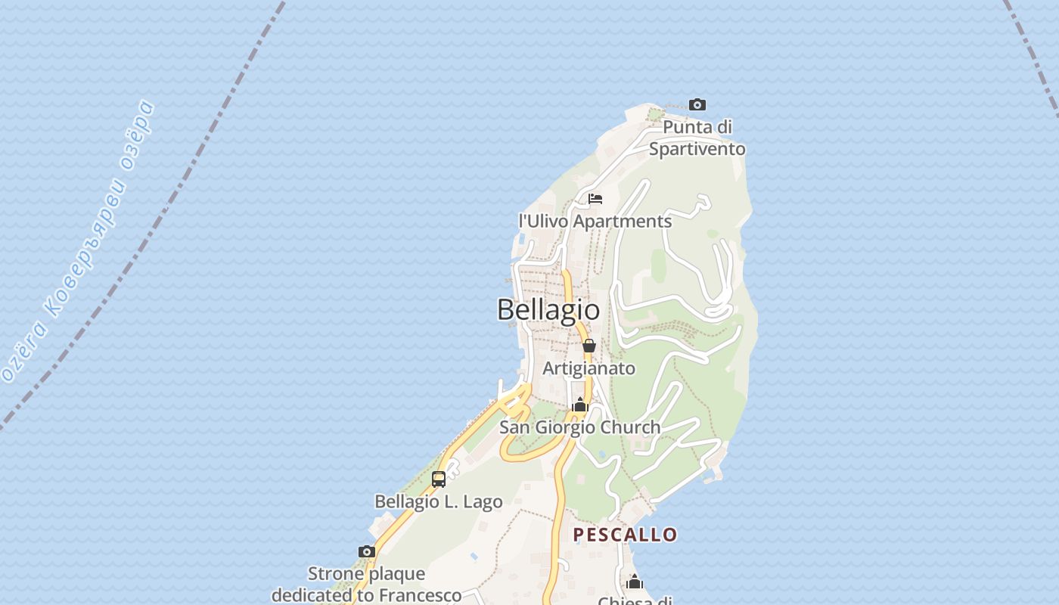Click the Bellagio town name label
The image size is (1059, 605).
click(x=548, y=309)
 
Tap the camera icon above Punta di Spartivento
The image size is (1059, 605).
click(x=697, y=104)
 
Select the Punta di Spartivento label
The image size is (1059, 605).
click(x=697, y=138)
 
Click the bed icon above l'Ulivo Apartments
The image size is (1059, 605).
click(x=595, y=199)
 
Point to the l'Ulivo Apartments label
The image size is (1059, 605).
click(x=595, y=222)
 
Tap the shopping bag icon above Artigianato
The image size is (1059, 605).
click(x=589, y=346)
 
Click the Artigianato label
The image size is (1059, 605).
click(x=589, y=368)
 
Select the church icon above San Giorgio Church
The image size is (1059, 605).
click(x=580, y=405)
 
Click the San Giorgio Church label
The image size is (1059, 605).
click(x=579, y=427)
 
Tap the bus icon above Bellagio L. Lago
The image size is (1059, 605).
click(x=439, y=479)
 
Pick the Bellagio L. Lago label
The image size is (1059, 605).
click(x=439, y=501)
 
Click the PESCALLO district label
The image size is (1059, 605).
click(x=625, y=535)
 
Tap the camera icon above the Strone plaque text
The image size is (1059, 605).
click(x=367, y=551)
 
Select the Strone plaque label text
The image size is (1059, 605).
click(x=367, y=584)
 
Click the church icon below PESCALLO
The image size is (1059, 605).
click(x=635, y=582)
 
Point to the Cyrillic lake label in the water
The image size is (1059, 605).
click(x=79, y=242)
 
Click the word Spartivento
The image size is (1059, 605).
click(x=697, y=149)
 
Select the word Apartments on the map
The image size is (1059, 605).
click(x=623, y=222)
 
